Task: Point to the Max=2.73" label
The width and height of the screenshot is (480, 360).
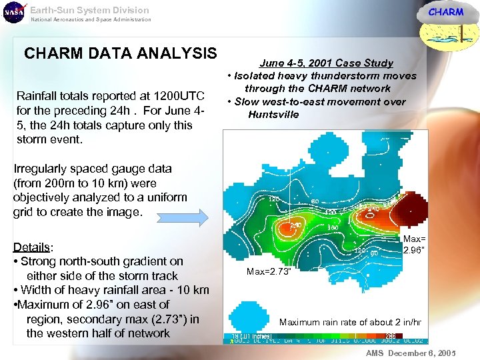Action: tap(269, 271)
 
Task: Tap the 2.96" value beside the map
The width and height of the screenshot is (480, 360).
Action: tap(413, 251)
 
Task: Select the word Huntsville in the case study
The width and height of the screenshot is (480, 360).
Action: tap(273, 115)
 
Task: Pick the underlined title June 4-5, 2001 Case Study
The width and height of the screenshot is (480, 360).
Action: tap(326, 63)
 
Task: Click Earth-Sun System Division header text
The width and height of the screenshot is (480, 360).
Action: tap(89, 10)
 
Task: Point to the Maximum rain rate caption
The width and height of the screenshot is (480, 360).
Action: tap(350, 322)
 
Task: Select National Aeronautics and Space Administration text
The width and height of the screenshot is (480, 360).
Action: tap(91, 19)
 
